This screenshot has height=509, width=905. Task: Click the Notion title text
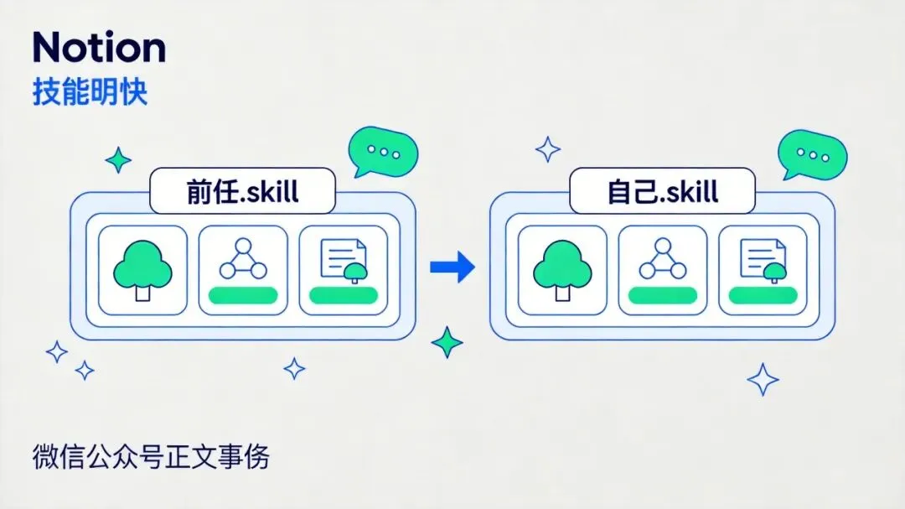[99, 49]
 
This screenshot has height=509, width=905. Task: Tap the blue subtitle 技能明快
[90, 93]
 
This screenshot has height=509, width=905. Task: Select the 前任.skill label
[242, 191]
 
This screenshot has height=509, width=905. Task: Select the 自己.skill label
[662, 191]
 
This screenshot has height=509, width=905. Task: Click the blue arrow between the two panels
[452, 267]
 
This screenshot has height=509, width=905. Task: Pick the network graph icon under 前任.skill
[242, 259]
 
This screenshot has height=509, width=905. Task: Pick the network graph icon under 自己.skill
[662, 259]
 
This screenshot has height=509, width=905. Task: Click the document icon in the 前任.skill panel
[344, 261]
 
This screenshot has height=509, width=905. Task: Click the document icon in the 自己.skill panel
[763, 261]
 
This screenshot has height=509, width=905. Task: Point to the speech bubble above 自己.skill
[811, 154]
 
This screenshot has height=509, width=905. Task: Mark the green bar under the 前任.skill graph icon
[242, 294]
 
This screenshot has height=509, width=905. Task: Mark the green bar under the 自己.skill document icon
[763, 294]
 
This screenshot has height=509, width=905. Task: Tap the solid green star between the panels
[447, 342]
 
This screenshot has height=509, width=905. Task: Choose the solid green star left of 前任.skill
[118, 159]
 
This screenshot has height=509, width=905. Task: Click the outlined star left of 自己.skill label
[549, 149]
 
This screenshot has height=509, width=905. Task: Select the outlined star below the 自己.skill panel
[763, 379]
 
